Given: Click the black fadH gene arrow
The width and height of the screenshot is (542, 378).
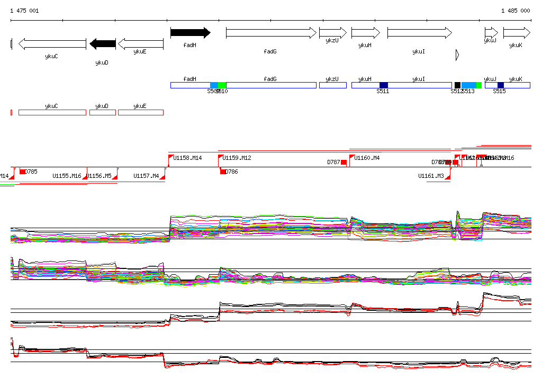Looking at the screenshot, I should [190, 33].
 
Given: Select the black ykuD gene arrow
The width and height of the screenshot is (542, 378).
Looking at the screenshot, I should [103, 43].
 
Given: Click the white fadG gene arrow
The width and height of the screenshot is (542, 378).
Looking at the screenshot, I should [271, 33].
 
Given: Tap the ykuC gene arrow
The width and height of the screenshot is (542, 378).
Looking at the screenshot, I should [52, 43].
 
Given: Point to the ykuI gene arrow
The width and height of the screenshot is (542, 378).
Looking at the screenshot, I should [419, 33].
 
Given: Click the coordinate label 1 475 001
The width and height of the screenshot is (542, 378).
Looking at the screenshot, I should [24, 11].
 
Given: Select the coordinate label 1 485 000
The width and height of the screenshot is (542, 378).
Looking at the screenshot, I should [516, 11].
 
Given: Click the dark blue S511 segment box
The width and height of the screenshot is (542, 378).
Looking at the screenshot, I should [384, 85].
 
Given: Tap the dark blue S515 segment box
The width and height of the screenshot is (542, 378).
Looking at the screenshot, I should [500, 85].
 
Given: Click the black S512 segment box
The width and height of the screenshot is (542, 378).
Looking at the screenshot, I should [457, 85].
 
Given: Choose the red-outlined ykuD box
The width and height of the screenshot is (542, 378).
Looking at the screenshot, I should [102, 112].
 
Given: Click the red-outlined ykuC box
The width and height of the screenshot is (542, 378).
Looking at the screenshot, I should [52, 112].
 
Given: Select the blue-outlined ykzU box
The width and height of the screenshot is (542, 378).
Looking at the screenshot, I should [332, 85].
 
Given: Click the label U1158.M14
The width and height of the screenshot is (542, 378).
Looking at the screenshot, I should [188, 158].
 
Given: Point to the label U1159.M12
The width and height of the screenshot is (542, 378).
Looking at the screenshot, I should [237, 158].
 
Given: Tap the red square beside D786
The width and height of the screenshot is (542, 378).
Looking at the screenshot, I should [223, 172].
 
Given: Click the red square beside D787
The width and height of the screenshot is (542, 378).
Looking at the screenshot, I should [344, 162].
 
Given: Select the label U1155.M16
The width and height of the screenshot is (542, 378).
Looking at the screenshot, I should [67, 176].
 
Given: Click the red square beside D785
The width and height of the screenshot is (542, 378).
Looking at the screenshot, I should [22, 172].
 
